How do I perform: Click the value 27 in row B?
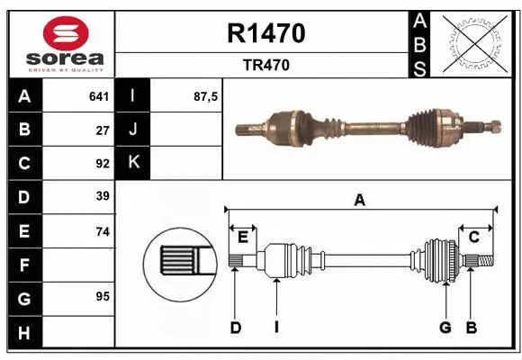tap(103, 130)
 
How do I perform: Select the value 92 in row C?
tap(103, 164)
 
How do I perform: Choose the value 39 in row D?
tap(103, 196)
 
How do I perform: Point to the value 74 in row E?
tap(103, 231)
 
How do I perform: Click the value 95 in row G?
tap(103, 296)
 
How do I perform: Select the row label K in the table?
tap(132, 163)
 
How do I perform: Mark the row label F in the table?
tap(24, 265)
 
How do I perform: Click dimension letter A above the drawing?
tap(359, 201)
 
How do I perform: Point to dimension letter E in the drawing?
tap(243, 237)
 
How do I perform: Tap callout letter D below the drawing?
tap(235, 328)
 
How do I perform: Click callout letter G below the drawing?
tap(445, 328)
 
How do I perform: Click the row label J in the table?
tap(132, 130)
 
